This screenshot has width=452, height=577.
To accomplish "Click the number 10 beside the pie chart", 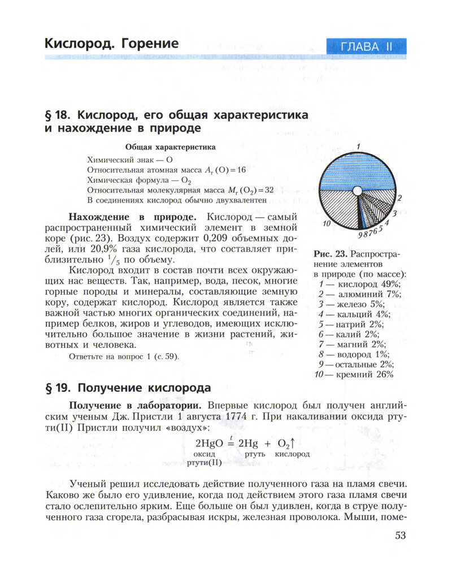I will tap(327, 224).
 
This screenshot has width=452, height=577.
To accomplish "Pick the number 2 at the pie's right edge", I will tap(399, 198).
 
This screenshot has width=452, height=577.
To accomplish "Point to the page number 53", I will tap(399, 536).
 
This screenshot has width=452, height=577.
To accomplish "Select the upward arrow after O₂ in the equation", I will tap(294, 442).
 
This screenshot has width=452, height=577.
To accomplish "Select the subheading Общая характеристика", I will tap(170, 147).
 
